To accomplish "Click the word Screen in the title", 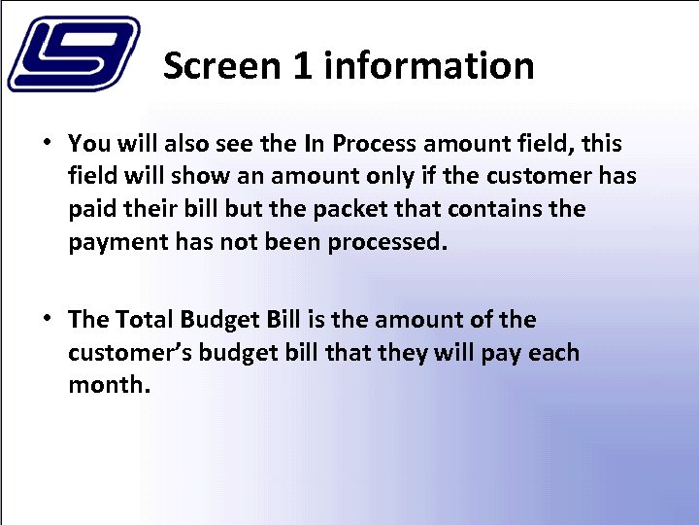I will (219, 66).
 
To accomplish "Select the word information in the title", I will (429, 66).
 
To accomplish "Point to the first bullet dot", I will (46, 143).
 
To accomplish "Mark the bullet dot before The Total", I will (46, 319).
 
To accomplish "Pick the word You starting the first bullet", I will (89, 144).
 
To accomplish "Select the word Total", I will (142, 320).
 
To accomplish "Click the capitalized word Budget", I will (218, 320).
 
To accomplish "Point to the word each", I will (553, 353).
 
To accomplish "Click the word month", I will (107, 385).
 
